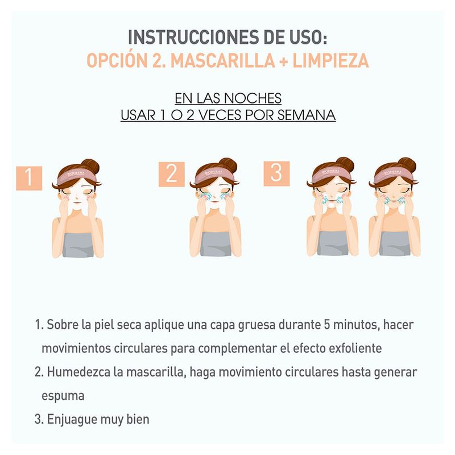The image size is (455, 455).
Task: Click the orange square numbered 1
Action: coord(29,178)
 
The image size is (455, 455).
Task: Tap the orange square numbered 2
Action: coord(172,174)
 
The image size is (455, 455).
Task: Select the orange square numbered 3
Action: coord(276,173)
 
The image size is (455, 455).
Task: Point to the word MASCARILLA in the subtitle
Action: coord(222,61)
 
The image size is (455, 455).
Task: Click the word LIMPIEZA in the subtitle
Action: coord(330,61)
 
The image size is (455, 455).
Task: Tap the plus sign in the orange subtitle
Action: coord(283,61)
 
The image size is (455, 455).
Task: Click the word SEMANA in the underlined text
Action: coord(307,115)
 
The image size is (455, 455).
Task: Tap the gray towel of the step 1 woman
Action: coord(78,245)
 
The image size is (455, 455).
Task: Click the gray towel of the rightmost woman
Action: coord(395,244)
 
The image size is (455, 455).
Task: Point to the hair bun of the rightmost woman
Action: coord(407,165)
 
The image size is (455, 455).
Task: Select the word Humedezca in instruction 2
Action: coord(78,372)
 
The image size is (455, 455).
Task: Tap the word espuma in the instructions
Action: coord(63,396)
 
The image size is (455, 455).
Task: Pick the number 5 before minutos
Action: coord(327,324)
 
